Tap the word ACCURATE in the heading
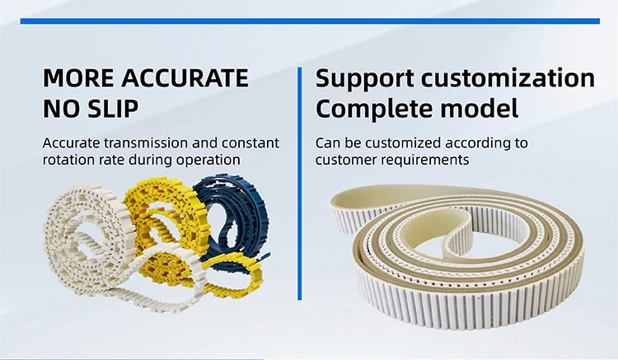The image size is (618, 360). pos(185,79)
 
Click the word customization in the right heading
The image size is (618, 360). pos(511,80)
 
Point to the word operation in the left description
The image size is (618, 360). pos(209,159)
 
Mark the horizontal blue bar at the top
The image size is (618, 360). pos(309,21)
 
